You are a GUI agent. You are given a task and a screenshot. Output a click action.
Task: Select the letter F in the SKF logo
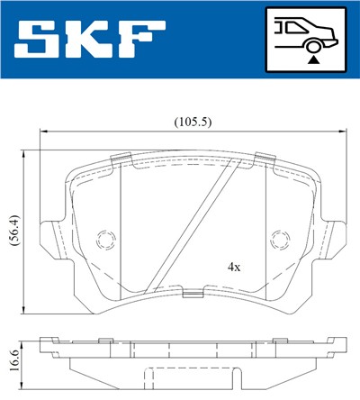coord(142,41)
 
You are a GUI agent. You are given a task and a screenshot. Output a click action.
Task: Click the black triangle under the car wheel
coord(312,58)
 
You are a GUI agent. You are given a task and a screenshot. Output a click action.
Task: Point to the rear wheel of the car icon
coord(312,43)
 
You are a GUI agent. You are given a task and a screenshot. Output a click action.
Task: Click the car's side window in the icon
coord(291,25)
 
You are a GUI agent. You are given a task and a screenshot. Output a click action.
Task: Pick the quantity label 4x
coord(234,268)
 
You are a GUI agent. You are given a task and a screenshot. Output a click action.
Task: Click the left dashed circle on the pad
coord(105,240)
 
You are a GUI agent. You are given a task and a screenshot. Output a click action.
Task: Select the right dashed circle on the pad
coord(280,240)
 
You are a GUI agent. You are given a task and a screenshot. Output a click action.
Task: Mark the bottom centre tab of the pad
coord(193,293)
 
